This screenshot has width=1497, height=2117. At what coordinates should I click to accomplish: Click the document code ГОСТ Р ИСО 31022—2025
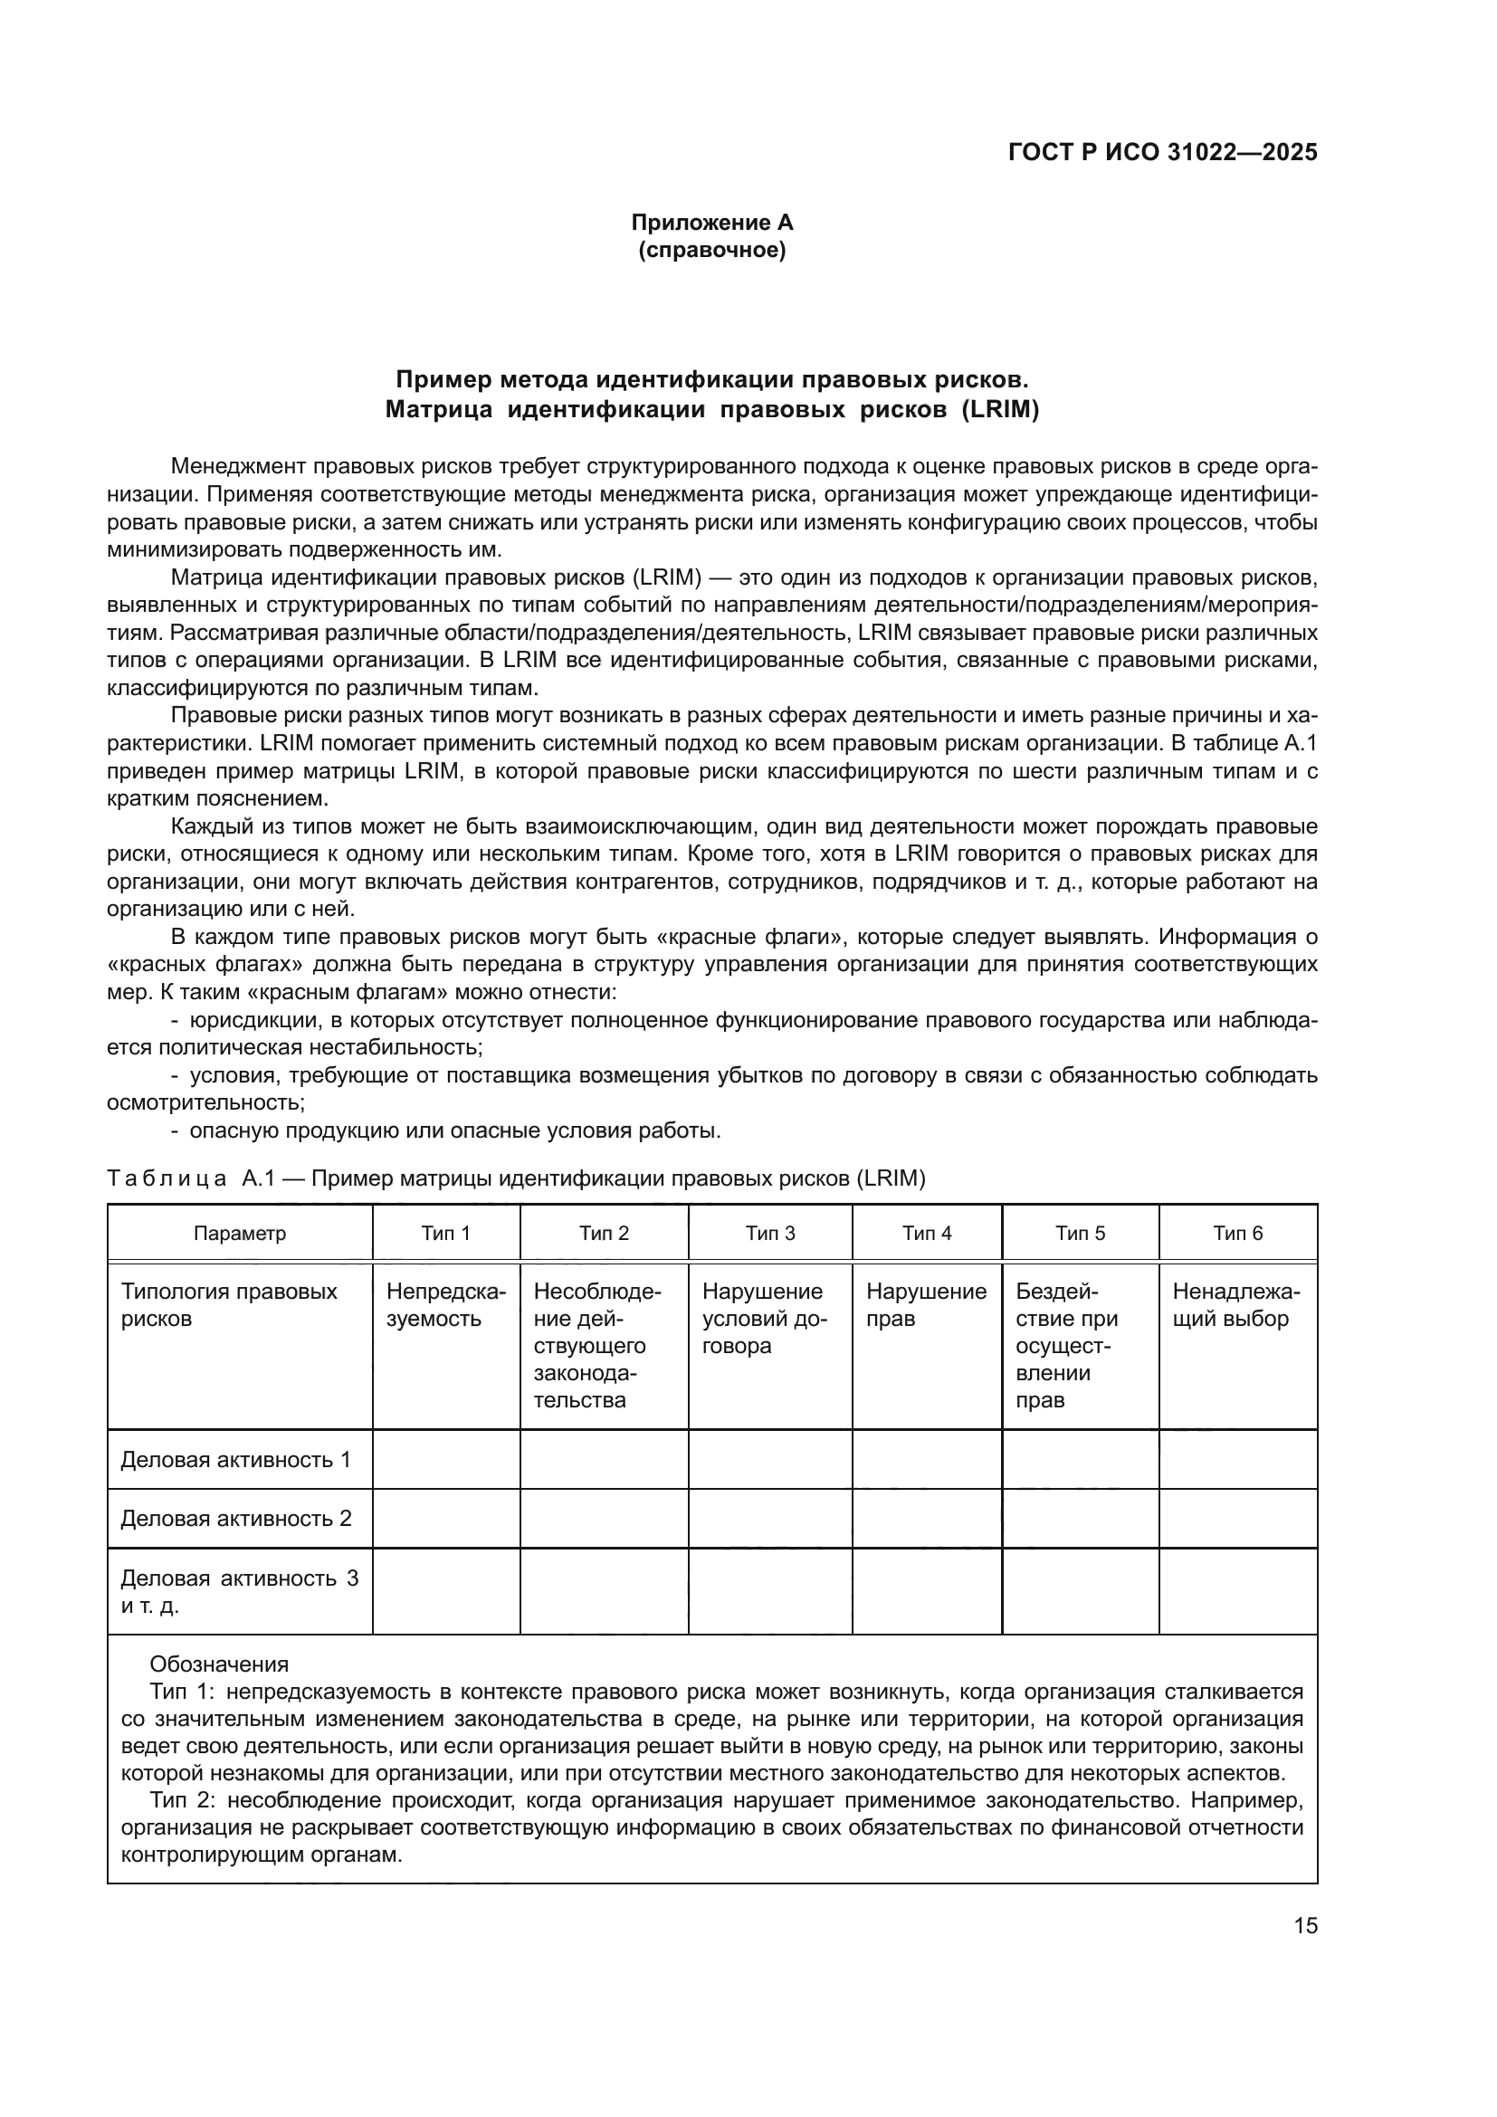(x=1162, y=153)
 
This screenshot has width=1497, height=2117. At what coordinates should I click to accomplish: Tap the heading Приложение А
(x=711, y=223)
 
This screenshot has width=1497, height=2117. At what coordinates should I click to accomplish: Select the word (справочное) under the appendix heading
(x=711, y=250)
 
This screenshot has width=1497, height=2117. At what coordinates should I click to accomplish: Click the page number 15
(x=1305, y=1925)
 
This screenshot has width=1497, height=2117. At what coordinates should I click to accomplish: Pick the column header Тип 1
(x=446, y=1234)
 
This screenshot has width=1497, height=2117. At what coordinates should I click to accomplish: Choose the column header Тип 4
(x=927, y=1234)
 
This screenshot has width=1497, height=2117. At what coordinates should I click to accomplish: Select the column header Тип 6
(x=1238, y=1234)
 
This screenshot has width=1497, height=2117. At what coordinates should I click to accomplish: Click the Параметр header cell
(x=240, y=1234)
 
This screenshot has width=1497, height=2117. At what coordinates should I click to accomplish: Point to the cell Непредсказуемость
(x=446, y=1305)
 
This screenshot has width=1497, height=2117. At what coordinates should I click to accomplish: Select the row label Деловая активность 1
(x=236, y=1460)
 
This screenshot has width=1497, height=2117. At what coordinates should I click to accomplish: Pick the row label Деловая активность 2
(x=236, y=1519)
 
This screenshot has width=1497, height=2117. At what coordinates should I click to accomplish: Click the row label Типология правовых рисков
(x=229, y=1305)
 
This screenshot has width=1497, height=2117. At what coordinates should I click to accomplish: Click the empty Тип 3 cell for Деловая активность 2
(x=769, y=1519)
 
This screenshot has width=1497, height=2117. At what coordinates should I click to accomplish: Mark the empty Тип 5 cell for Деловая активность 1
(x=1081, y=1460)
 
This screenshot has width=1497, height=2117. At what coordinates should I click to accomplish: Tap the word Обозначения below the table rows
(x=219, y=1664)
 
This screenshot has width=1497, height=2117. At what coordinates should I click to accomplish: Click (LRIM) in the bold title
(x=1000, y=410)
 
